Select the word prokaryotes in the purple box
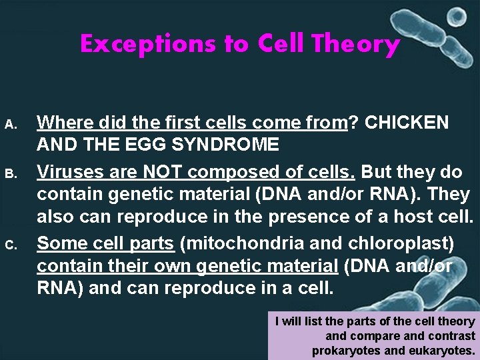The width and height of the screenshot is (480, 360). point(347,351)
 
